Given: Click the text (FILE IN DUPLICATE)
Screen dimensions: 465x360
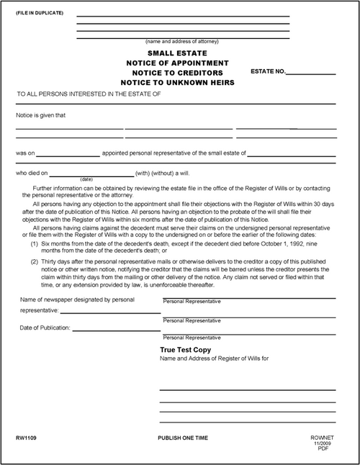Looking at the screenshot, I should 34,14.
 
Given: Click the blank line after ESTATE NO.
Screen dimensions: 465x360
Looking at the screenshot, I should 312,73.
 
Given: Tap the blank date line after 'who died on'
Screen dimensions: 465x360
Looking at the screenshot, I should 92,174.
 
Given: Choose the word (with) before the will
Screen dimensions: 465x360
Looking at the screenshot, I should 142,173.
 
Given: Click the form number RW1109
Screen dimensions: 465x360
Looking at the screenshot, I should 25,438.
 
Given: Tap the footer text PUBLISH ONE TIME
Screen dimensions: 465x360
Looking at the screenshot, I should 186,438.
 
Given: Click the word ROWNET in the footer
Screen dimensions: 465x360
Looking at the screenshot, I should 318,438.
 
